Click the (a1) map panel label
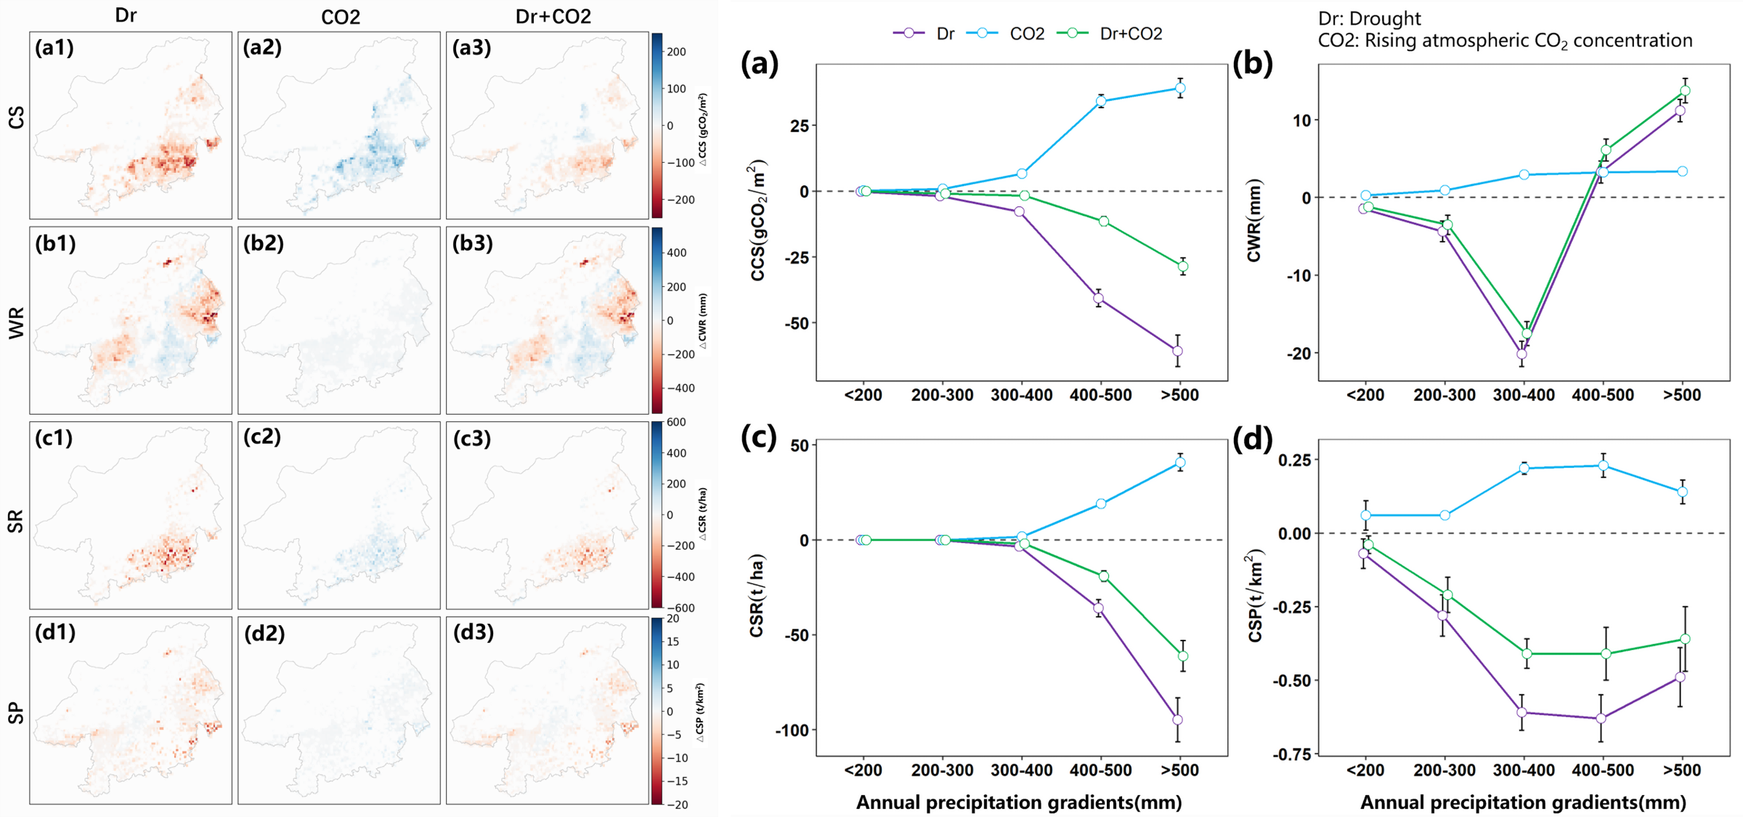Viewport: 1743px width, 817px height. coord(54,48)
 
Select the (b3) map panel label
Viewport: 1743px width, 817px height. coord(472,243)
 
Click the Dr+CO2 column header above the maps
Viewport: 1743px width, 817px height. coord(553,16)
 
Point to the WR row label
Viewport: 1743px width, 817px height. coord(16,322)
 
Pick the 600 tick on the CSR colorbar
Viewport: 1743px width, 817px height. coord(676,422)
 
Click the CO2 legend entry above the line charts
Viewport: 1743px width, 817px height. coord(1026,33)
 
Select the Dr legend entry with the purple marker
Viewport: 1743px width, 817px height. coord(945,33)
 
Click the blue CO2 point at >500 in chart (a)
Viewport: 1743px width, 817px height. coord(1180,89)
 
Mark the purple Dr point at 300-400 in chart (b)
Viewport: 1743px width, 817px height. coord(1521,354)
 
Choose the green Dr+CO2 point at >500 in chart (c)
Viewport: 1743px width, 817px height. coord(1183,657)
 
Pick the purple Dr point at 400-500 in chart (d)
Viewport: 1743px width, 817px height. coord(1601,718)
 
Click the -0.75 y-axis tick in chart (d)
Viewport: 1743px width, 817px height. coord(1291,755)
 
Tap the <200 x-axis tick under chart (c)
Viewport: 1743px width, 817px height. coord(864,771)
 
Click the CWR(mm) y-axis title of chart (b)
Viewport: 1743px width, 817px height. coord(1254,220)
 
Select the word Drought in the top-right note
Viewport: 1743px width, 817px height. coord(1388,18)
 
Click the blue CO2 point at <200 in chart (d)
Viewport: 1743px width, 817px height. coord(1365,515)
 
